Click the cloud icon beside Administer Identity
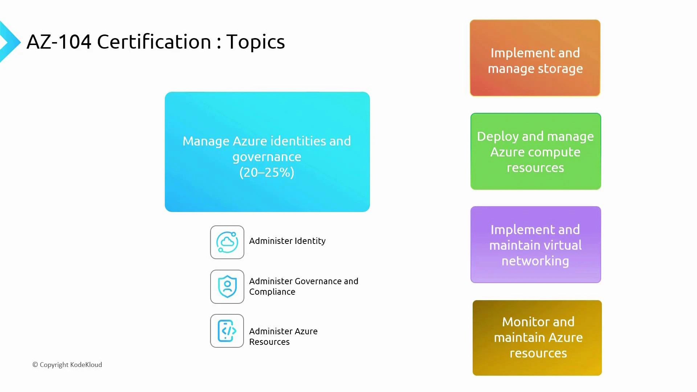227,242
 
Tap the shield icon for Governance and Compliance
227,287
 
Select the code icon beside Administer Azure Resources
227,331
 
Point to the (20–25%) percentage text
267,172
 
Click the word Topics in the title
256,42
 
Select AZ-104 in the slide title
59,42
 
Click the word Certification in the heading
154,42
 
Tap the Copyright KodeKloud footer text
67,365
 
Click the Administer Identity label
287,241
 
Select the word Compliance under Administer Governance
272,292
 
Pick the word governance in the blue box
267,157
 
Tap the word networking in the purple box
535,261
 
